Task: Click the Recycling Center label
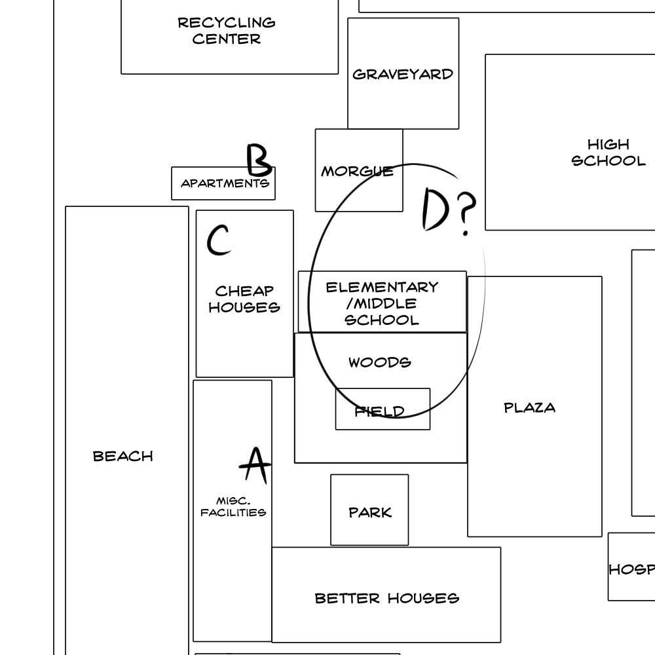[227, 31]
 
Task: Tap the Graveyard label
[403, 75]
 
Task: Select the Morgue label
[357, 171]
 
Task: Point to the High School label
[608, 153]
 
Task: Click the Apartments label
[225, 183]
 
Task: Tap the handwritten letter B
[259, 160]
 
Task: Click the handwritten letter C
[219, 240]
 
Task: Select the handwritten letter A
[255, 465]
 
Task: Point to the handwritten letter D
[436, 209]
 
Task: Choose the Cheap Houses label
[244, 299]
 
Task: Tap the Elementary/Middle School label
[383, 304]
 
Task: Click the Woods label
[380, 362]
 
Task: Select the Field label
[380, 412]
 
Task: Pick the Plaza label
[530, 407]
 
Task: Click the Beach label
[123, 456]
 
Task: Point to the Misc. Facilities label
[233, 507]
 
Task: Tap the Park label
[370, 513]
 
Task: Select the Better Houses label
[387, 598]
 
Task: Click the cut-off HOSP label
[631, 569]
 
